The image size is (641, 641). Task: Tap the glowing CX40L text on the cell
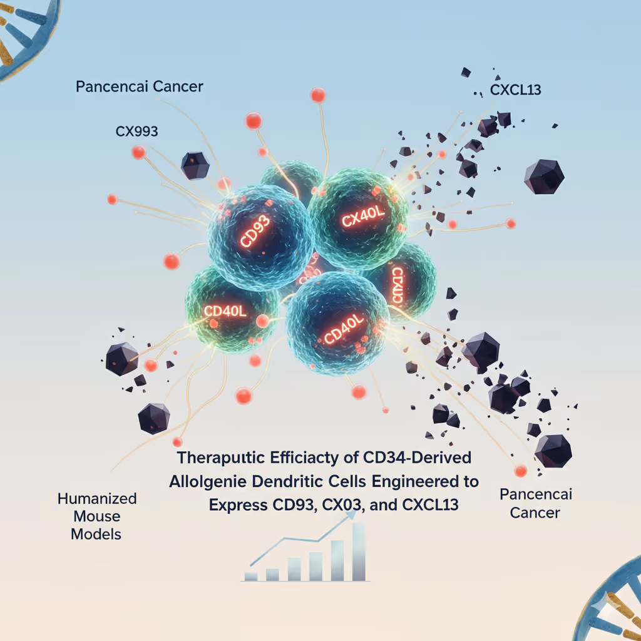pyautogui.click(x=364, y=218)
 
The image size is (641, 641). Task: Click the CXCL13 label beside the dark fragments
pyautogui.click(x=515, y=91)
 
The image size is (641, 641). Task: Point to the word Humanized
pyautogui.click(x=97, y=499)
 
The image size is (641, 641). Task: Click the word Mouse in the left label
pyautogui.click(x=97, y=516)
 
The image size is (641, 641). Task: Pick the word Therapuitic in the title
pyautogui.click(x=222, y=458)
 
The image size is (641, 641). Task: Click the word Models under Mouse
pyautogui.click(x=97, y=534)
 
